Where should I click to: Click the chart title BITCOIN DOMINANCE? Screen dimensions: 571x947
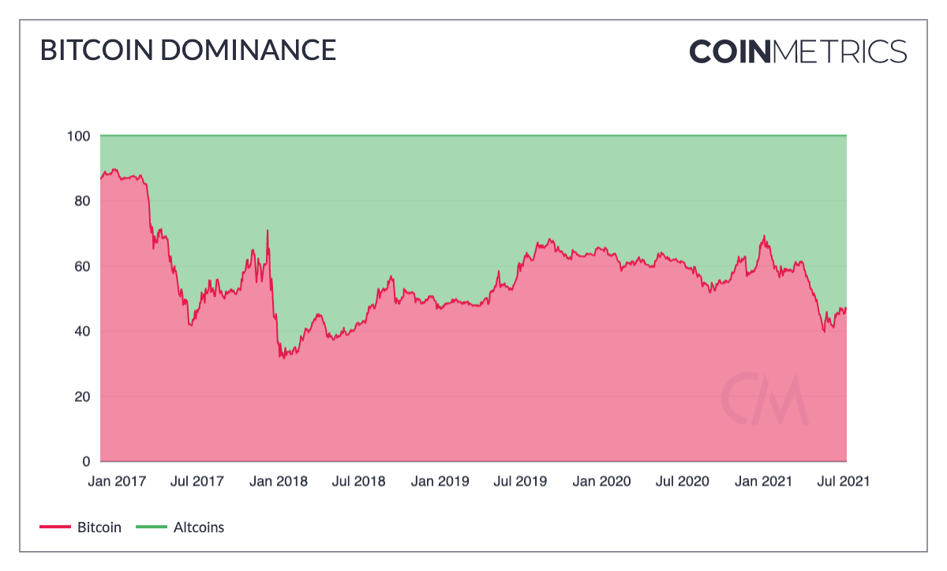[188, 51]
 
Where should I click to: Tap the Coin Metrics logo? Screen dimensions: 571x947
[798, 51]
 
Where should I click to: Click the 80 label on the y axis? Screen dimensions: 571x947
[82, 201]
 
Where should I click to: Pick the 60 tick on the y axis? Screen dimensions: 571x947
[82, 266]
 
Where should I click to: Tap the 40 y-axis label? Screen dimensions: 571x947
[82, 331]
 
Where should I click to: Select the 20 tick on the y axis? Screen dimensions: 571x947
[82, 396]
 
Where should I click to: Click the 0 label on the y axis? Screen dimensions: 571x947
[86, 461]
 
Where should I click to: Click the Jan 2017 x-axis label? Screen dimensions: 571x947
[117, 481]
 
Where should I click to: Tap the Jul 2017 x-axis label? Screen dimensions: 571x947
[197, 481]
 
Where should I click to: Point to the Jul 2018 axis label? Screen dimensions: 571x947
[359, 481]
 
